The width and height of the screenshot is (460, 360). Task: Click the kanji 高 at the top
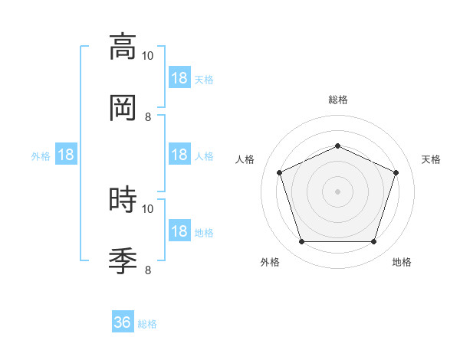pyautogui.click(x=123, y=47)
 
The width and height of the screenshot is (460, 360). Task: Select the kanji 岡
pyautogui.click(x=123, y=108)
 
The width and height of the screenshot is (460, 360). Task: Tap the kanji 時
pyautogui.click(x=123, y=199)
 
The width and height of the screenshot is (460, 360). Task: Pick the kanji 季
pyautogui.click(x=123, y=261)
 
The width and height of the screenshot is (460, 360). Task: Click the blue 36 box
pyautogui.click(x=123, y=321)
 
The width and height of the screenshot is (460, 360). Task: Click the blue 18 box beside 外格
pyautogui.click(x=66, y=154)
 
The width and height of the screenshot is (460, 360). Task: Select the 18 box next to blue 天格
pyautogui.click(x=180, y=77)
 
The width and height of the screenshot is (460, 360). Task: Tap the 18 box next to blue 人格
pyautogui.click(x=180, y=154)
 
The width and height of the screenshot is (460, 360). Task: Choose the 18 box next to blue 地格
pyautogui.click(x=180, y=230)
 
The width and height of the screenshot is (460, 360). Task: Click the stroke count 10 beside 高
pyautogui.click(x=147, y=56)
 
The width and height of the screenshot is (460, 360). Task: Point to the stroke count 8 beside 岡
pyautogui.click(x=148, y=117)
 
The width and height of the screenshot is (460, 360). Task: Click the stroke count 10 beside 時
pyautogui.click(x=147, y=209)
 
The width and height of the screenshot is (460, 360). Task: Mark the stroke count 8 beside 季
pyautogui.click(x=148, y=270)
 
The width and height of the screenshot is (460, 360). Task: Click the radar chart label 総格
pyautogui.click(x=338, y=100)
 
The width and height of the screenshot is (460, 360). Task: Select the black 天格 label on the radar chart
pyautogui.click(x=431, y=159)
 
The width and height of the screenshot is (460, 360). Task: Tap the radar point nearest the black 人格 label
pyautogui.click(x=280, y=172)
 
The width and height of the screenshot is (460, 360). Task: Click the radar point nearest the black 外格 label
pyautogui.click(x=302, y=241)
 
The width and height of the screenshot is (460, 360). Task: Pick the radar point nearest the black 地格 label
pyautogui.click(x=374, y=241)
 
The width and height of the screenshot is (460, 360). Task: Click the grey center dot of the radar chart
pyautogui.click(x=337, y=191)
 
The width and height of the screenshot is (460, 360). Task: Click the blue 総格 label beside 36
pyautogui.click(x=147, y=324)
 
